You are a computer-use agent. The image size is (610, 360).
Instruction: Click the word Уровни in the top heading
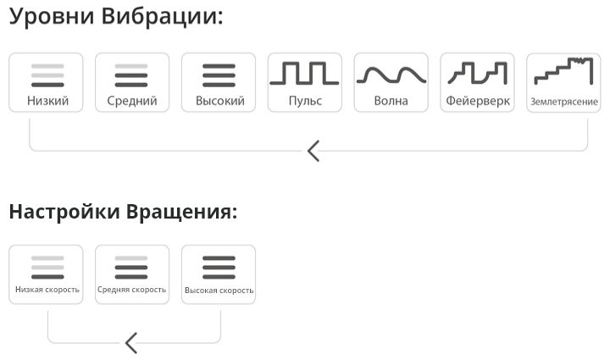[52, 17]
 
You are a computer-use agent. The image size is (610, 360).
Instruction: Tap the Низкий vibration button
[46, 82]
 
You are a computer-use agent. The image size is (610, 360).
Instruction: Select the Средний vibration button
[132, 82]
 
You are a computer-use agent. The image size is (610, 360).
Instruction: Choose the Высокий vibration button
[219, 82]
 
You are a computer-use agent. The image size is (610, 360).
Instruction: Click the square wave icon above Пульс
[305, 73]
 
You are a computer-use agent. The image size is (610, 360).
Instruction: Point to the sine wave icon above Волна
[391, 75]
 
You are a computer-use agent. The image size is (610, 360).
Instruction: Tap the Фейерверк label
[478, 101]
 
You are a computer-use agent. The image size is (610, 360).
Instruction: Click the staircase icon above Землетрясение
[563, 71]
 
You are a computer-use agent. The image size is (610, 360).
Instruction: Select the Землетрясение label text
[564, 102]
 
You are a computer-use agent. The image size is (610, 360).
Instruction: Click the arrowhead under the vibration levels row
[313, 151]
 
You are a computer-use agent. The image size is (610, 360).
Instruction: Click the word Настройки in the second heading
[64, 212]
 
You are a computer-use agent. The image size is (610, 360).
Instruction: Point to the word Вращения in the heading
[181, 212]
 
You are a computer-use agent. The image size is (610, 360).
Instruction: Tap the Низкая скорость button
[46, 274]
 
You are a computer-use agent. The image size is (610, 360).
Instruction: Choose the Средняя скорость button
[132, 274]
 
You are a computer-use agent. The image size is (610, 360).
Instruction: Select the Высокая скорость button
[219, 274]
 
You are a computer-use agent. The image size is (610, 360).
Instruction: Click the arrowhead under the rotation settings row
[131, 343]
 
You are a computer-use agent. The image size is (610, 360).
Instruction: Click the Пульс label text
[305, 101]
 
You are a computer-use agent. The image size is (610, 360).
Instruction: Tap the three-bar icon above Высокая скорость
[219, 268]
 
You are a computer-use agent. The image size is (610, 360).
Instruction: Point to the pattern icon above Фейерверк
[477, 73]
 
